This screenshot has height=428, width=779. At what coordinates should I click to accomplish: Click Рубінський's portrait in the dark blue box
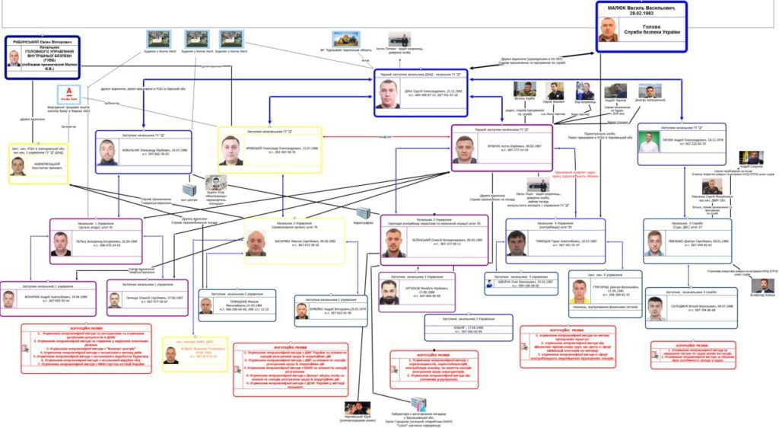[x=14, y=59]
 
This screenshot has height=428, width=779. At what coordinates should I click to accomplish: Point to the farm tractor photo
[x=345, y=39]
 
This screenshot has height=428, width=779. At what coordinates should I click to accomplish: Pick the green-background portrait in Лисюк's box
[x=648, y=142]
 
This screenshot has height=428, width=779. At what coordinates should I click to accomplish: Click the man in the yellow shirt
[x=580, y=290]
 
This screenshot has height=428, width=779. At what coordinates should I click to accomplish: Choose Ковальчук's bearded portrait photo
[x=107, y=152]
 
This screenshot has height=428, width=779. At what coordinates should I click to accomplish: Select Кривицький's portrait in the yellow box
[x=231, y=150]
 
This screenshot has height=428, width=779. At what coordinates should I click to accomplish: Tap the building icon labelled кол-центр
[x=189, y=188]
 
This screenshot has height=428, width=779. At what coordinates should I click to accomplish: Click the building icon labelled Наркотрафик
[x=364, y=212]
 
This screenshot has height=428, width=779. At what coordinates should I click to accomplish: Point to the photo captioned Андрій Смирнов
[x=751, y=158]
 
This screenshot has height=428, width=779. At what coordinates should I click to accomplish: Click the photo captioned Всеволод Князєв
[x=762, y=285]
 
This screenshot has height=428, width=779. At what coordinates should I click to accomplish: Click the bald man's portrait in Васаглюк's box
[x=256, y=243]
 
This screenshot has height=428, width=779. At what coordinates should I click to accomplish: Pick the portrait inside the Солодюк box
[x=655, y=308]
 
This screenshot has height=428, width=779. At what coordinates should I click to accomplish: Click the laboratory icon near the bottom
[x=418, y=403]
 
